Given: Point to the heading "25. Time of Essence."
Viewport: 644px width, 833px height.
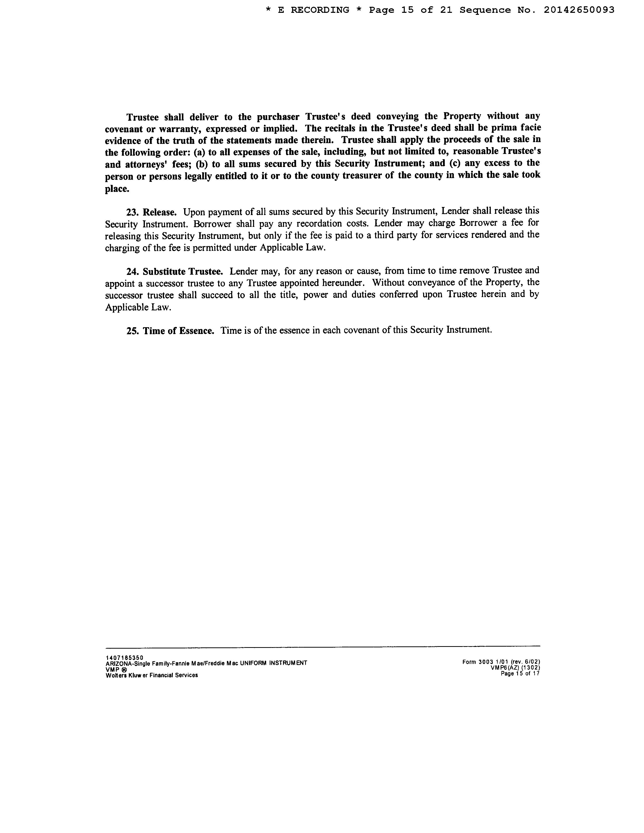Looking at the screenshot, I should pos(170,331).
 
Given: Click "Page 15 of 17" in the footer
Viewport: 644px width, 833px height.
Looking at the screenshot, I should pos(520,674).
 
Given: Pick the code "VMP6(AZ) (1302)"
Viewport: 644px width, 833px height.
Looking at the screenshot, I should pos(515,668).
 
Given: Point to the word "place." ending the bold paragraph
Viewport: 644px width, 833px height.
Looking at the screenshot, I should pos(117,189).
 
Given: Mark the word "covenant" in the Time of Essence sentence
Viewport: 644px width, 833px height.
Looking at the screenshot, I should pos(361,330).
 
